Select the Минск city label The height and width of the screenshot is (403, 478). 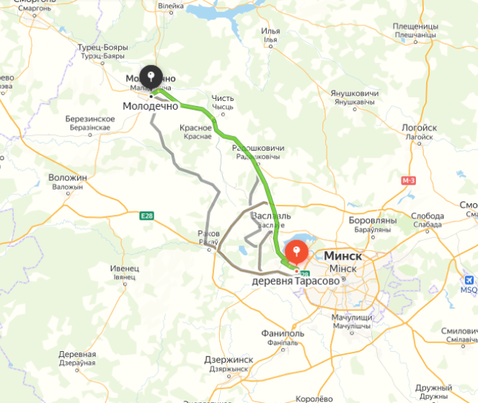click(343, 256)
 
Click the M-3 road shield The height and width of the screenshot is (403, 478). click(410, 180)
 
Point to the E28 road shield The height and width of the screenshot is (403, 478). click(147, 216)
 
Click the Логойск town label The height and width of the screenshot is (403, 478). click(421, 128)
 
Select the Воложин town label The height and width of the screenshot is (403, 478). click(67, 177)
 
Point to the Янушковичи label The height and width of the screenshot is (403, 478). click(354, 93)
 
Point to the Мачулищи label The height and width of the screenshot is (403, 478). click(352, 317)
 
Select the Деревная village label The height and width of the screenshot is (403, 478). click(77, 355)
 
